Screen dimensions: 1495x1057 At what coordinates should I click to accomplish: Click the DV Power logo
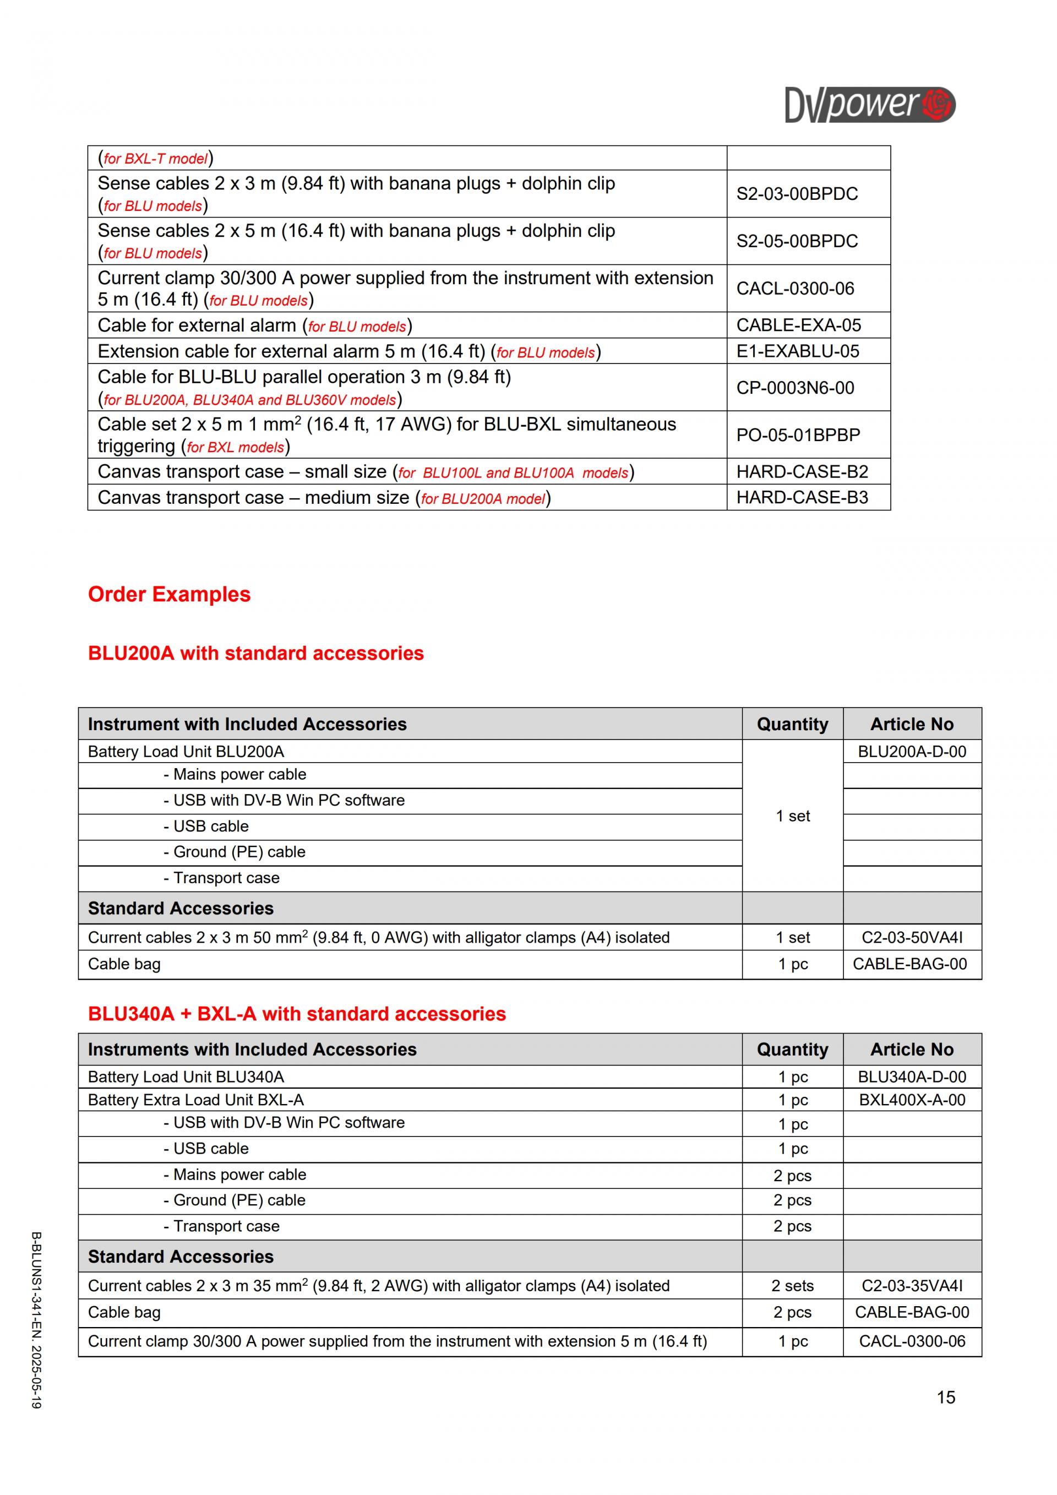[870, 105]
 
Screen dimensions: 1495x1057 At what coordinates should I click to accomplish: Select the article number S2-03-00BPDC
[797, 194]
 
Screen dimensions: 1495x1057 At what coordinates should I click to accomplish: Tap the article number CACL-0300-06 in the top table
[795, 289]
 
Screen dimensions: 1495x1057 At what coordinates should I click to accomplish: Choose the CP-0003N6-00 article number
[795, 388]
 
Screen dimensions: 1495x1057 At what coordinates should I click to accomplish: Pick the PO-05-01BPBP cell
[798, 435]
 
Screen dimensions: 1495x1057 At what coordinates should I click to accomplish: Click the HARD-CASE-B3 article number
[802, 497]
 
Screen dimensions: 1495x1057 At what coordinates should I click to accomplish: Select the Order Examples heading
[169, 595]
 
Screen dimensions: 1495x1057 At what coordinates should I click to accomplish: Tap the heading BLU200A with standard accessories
[256, 653]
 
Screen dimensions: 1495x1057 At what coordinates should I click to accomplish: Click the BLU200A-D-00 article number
[911, 752]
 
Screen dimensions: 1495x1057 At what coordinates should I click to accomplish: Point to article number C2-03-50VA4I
[911, 938]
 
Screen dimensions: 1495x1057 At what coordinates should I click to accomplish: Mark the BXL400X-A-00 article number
[911, 1100]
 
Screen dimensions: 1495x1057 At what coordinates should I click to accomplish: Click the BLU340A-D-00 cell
[911, 1077]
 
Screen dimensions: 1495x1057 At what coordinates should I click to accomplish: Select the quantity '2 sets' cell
[792, 1286]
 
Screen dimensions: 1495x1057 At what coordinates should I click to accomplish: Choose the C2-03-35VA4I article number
[911, 1286]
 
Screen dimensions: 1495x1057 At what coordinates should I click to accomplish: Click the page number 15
[946, 1398]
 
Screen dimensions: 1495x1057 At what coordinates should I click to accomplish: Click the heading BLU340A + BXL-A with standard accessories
[297, 1014]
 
